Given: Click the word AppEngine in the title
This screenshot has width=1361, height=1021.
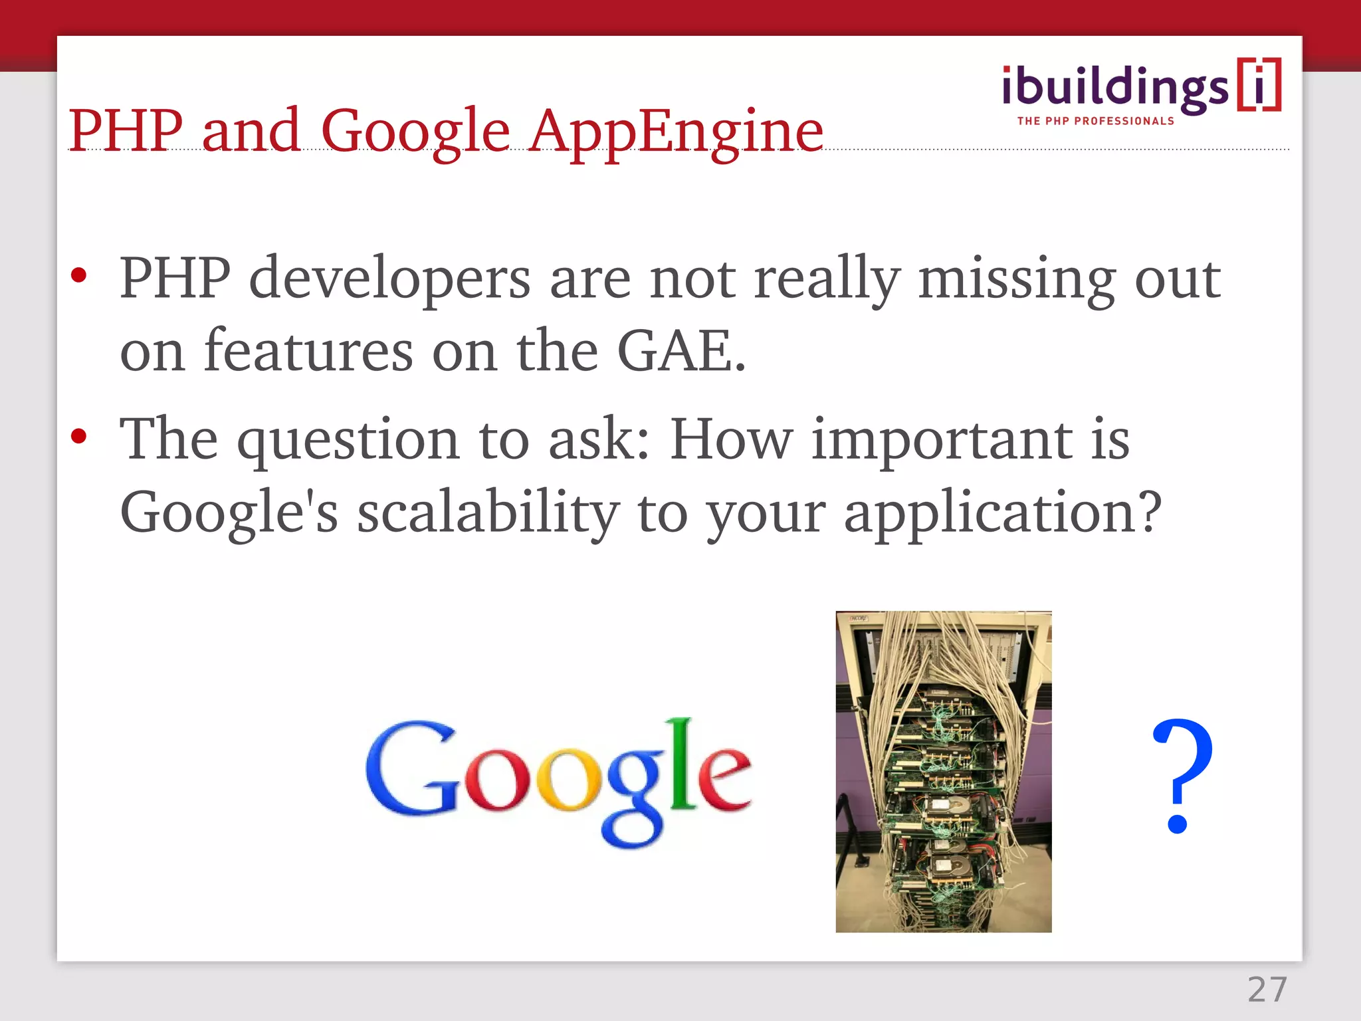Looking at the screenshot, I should pos(676,132).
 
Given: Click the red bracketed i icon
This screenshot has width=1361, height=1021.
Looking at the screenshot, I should pos(1259,85).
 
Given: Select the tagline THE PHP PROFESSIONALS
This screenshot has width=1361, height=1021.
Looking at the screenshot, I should pos(1095,121).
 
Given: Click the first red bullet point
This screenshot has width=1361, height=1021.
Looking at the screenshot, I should pos(79,275).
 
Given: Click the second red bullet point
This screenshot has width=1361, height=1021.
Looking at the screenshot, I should pos(79,437).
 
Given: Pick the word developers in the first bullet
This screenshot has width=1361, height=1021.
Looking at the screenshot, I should pos(390,279).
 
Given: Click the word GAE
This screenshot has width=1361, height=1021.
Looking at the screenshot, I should pos(680,350).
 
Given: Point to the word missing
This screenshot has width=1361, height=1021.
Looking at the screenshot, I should pos(1017,279).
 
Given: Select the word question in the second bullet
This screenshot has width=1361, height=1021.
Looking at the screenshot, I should pos(349,440).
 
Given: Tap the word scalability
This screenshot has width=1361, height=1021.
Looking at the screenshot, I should pos(488,513).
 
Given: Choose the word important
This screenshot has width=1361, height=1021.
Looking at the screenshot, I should pos(942,440).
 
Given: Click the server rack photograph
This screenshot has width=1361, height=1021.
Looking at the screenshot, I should pos(943,771).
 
